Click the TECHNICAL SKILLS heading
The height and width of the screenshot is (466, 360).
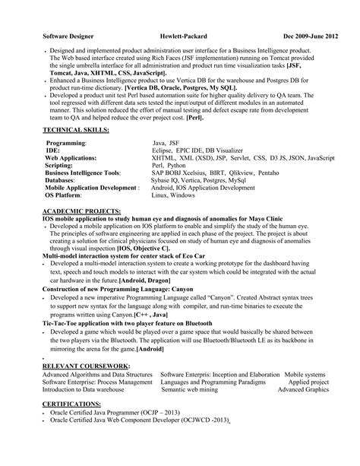tap(74, 109)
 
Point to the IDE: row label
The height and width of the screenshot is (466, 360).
tap(54, 128)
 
